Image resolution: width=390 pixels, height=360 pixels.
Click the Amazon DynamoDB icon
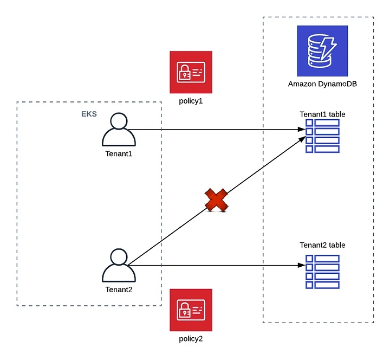[x=322, y=50]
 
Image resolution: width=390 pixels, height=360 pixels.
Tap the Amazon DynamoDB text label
[x=322, y=84]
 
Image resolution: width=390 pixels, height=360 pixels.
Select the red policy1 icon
[x=191, y=73]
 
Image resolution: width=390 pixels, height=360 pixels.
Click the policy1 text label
[x=191, y=101]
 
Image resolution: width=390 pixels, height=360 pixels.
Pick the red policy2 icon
[x=191, y=310]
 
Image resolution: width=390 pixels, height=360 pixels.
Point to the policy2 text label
[x=191, y=339]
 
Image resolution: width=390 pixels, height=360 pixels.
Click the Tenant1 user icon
[x=119, y=130]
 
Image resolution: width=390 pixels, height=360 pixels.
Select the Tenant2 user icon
[x=119, y=266]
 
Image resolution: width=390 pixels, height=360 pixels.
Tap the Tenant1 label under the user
[x=119, y=154]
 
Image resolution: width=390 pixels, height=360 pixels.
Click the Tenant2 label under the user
[x=119, y=290]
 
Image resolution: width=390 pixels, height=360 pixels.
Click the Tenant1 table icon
[x=322, y=136]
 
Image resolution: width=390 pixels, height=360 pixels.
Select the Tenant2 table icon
[x=322, y=271]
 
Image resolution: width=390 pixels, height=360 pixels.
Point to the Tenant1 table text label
[x=322, y=114]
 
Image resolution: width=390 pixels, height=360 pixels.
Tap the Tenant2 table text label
[x=322, y=245]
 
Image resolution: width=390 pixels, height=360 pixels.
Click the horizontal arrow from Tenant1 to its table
[x=217, y=130]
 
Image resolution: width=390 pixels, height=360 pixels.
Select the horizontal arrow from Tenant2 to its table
[x=217, y=266]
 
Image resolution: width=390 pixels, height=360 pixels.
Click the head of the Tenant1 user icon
[x=119, y=121]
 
